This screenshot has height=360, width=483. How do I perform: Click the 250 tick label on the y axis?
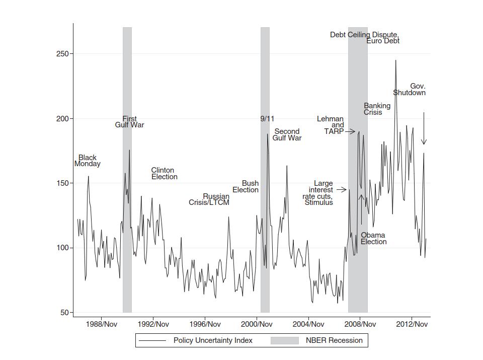coord(62,54)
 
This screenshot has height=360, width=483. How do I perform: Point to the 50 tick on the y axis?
coord(64,313)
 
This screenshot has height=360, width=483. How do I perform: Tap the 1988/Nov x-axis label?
coord(102,324)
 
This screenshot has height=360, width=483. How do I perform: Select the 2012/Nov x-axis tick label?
coord(412,324)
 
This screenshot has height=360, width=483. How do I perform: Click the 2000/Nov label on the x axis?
coord(257,324)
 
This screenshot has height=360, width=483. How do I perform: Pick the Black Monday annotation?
coord(87,161)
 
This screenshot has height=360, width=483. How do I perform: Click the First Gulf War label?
coord(129,122)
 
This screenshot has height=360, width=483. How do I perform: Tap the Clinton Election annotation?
coord(164,174)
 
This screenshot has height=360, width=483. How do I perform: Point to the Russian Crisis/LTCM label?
coord(209,199)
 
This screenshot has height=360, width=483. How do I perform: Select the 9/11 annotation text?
coord(267,119)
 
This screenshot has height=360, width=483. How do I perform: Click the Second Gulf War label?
coord(287,135)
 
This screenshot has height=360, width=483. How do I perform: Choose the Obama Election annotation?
coord(373,239)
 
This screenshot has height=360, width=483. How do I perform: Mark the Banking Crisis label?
coord(377,109)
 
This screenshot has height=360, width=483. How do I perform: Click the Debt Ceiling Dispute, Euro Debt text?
coord(365,38)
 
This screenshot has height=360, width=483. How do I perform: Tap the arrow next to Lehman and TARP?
coord(350,131)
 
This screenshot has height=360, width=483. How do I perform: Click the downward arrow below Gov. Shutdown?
coord(424,129)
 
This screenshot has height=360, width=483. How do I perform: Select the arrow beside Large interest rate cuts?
coord(341,190)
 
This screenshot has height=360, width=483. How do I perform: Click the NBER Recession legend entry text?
coord(334,340)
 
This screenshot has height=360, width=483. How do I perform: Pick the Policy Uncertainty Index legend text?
coord(213,340)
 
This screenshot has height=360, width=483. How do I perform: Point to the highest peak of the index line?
coord(395,60)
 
